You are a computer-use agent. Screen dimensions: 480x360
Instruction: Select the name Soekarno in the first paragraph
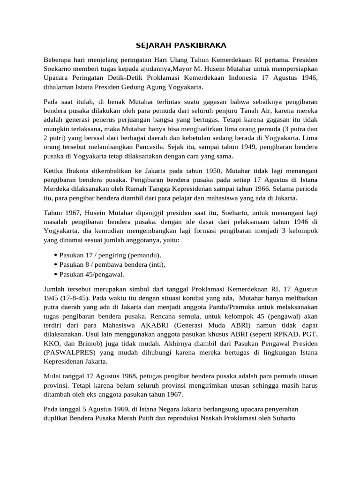pyautogui.click(x=59, y=68)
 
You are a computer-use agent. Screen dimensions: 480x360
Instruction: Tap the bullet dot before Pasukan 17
pyautogui.click(x=56, y=255)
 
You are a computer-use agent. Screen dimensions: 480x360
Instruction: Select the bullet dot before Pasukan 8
pyautogui.click(x=56, y=264)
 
